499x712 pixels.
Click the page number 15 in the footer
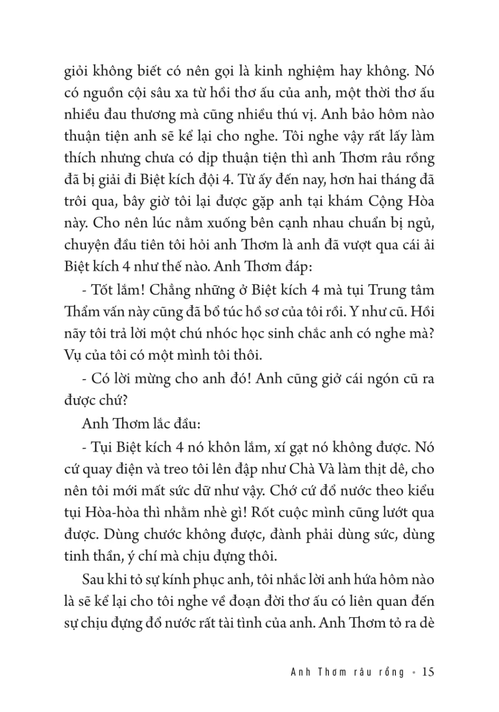tap(428, 672)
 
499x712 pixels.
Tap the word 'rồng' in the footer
tap(391, 672)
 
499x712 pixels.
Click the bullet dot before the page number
tap(414, 672)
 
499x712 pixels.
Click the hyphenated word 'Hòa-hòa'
tap(106, 513)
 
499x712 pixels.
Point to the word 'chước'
tap(165, 534)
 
